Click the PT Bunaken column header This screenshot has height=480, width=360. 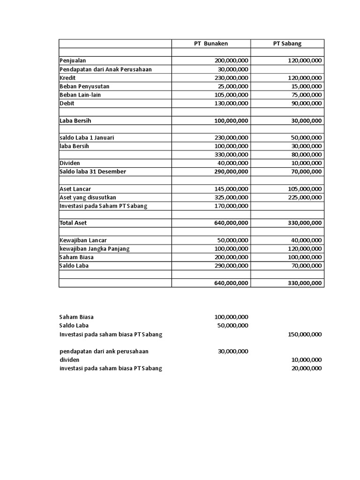click(211, 44)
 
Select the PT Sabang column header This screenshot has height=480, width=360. click(287, 44)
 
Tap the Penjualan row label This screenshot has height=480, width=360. click(73, 61)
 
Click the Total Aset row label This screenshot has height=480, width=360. click(74, 223)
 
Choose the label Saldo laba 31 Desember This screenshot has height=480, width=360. click(93, 172)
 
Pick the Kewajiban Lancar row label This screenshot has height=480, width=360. click(83, 240)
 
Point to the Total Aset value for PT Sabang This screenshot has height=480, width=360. click(304, 223)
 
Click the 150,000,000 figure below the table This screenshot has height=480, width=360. click(304, 335)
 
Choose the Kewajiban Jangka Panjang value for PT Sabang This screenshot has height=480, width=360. click(304, 249)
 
